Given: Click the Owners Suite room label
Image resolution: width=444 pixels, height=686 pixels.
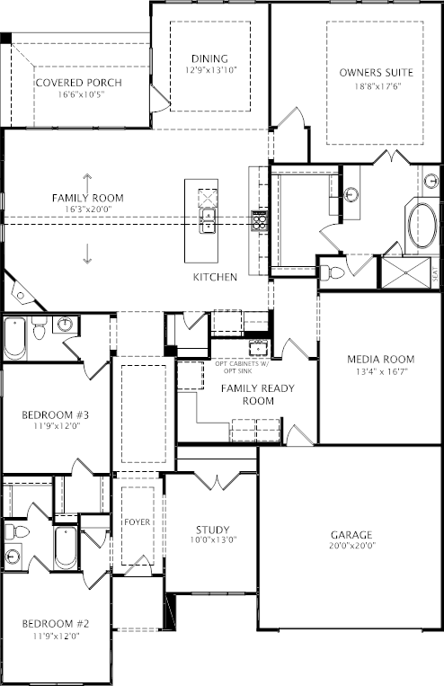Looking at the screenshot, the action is [377, 72].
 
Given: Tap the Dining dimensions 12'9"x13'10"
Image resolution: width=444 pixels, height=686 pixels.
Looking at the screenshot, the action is [210, 69].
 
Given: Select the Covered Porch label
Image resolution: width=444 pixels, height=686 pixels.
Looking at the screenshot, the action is [79, 83].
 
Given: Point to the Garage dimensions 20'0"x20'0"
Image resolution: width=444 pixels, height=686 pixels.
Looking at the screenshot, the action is [351, 546].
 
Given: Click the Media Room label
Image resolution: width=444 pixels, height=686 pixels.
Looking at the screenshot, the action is [380, 360].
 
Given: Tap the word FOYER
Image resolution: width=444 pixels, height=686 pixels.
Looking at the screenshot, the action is [137, 522].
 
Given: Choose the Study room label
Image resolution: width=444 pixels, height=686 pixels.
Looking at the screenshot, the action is [213, 530].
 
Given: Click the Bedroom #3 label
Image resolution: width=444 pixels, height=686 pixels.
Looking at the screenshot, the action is [56, 414].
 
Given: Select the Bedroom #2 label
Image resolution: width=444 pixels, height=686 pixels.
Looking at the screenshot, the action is [56, 623].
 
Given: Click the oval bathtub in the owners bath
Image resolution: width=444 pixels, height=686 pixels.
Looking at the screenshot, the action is [422, 227].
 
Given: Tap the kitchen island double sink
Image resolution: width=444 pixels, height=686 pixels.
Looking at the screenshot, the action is [209, 221].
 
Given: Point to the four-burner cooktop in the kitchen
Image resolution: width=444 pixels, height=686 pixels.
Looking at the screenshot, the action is [259, 220].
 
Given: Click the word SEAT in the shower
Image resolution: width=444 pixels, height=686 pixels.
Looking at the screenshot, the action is [435, 274].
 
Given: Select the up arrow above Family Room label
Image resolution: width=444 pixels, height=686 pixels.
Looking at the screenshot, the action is [87, 182].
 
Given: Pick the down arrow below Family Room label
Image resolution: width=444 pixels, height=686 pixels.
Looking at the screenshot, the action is [87, 254].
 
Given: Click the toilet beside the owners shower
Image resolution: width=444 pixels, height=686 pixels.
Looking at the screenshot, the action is [332, 273].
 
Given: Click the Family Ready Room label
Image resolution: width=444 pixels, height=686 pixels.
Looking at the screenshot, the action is [258, 394].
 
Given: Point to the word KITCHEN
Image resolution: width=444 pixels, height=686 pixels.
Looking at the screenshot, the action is [215, 277].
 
